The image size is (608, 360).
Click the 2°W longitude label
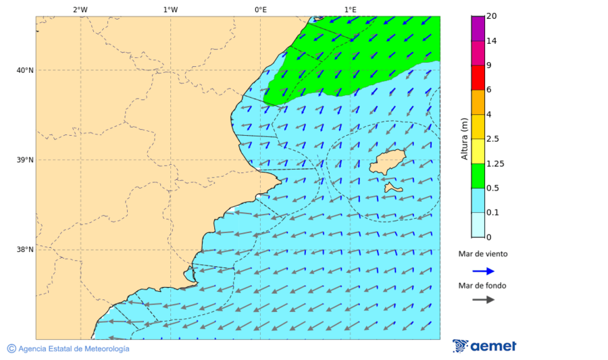[80, 9]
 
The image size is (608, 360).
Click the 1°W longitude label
[170, 9]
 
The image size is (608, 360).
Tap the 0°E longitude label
[260, 9]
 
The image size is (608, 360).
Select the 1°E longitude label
[350, 9]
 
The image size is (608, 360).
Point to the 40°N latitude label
[24, 70]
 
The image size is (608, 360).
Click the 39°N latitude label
[24, 160]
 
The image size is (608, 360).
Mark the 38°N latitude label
[24, 250]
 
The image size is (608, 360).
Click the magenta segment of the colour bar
[478, 28]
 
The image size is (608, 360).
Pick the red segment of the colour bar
[478, 77]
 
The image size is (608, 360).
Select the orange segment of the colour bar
[478, 102]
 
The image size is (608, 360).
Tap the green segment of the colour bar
[478, 176]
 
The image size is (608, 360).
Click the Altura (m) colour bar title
[464, 138]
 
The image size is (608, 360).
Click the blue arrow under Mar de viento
[484, 271]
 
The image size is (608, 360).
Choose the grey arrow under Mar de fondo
[484, 299]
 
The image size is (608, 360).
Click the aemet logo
[484, 346]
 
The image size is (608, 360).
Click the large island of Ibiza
[387, 163]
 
